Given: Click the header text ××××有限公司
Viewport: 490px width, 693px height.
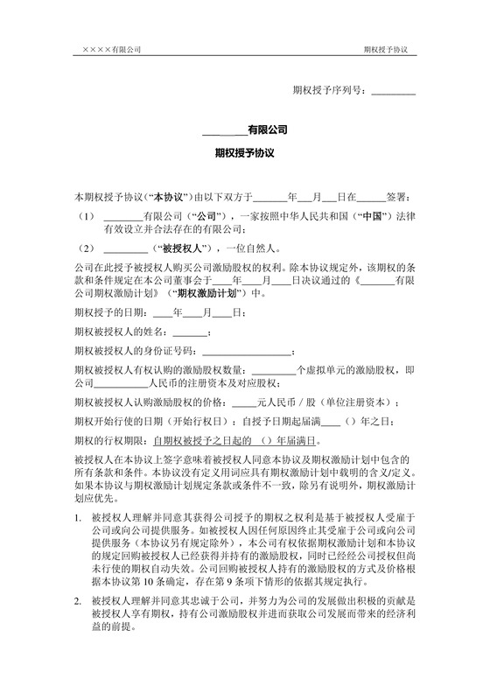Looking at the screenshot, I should click(x=112, y=50).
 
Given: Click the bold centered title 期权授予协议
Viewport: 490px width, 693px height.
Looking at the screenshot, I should click(x=245, y=152).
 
